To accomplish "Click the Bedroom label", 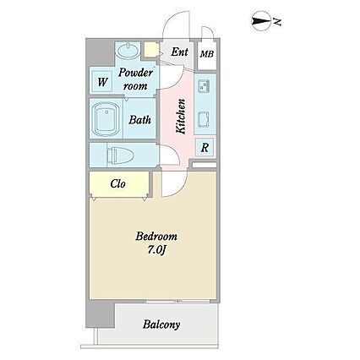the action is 156,236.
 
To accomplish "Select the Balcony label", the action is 161,325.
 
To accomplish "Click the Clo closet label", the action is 117,184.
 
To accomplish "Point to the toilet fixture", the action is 119,155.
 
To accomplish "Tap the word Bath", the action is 139,120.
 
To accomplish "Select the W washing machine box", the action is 102,82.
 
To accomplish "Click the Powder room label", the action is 136,79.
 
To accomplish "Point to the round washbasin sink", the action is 128,51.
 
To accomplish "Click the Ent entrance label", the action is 179,52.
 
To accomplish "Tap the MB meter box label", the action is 207,54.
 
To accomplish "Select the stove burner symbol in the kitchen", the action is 204,86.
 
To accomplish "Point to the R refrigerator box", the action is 205,147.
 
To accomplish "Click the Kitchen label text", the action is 181,116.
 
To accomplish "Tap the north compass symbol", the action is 261,21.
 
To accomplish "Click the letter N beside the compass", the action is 277,22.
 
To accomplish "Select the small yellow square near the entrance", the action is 150,49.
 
